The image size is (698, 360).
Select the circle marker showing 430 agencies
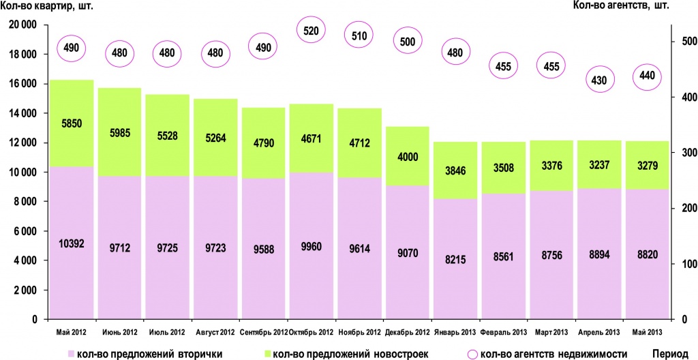pyautogui.click(x=599, y=80)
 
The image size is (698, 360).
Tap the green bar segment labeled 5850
pyautogui.click(x=72, y=123)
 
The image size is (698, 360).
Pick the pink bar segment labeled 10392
pyautogui.click(x=72, y=243)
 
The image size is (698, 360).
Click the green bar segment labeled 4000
pyautogui.click(x=408, y=155)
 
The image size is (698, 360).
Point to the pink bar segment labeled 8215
pyautogui.click(x=455, y=259)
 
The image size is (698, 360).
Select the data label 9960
pyautogui.click(x=312, y=243)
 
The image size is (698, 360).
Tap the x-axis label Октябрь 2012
pyautogui.click(x=311, y=332)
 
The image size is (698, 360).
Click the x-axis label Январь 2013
pyautogui.click(x=456, y=332)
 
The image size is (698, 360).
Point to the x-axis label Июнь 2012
pyautogui.click(x=119, y=332)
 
